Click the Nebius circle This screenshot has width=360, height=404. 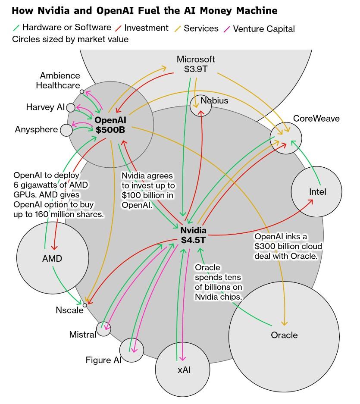point(201,106)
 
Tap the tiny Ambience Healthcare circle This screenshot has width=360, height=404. point(82,92)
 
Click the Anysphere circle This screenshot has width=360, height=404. point(66,130)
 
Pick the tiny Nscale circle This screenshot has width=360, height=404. point(85,305)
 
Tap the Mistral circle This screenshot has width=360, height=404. point(103,329)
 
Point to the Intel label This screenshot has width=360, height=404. point(317,192)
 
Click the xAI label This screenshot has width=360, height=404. point(184,370)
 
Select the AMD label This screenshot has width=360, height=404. point(52,259)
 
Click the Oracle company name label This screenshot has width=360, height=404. point(284,335)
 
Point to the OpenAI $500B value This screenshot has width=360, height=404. point(110,129)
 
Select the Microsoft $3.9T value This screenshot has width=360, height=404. point(196,69)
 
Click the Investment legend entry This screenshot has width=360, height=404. point(146,28)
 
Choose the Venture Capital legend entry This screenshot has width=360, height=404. point(263,29)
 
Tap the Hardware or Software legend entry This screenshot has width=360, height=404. point(66,28)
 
